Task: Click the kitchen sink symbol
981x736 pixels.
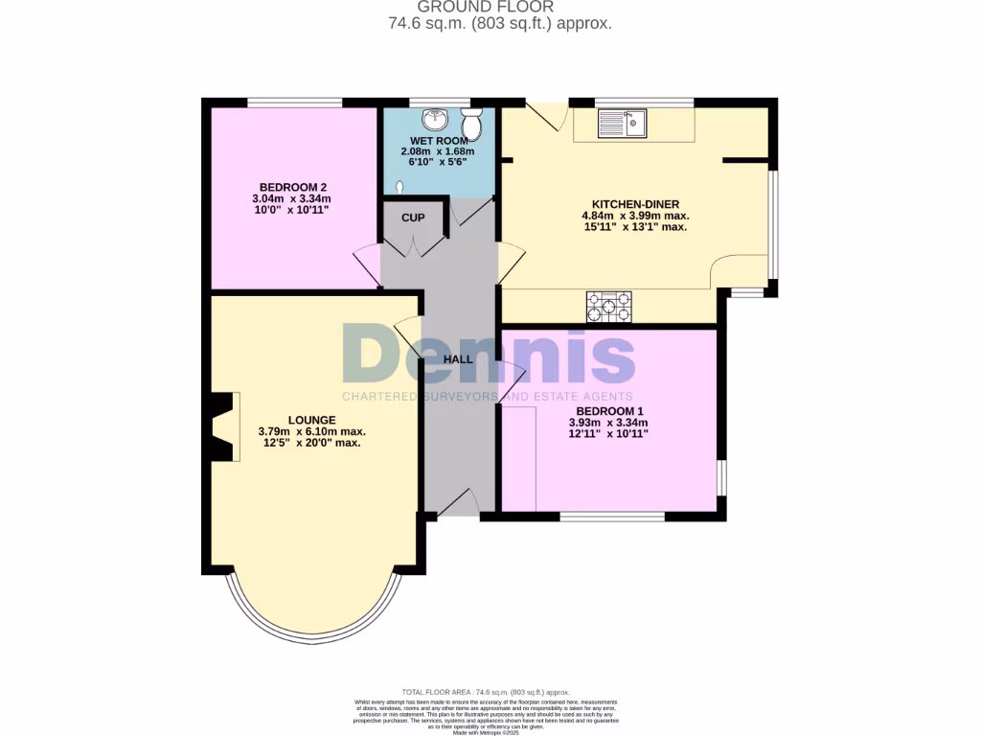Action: click(x=623, y=123)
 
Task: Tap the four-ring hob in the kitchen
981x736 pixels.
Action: click(x=610, y=307)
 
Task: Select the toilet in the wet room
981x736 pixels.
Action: click(x=471, y=123)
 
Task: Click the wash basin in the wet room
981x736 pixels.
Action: click(x=437, y=120)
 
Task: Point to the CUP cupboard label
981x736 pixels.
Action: click(x=413, y=218)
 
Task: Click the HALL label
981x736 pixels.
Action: click(x=458, y=359)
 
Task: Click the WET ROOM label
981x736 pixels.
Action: click(x=439, y=141)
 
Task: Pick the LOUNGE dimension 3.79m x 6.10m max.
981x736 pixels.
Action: click(x=312, y=431)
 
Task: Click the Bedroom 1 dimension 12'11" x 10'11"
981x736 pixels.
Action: click(x=608, y=433)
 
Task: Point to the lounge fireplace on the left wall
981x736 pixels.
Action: click(x=220, y=427)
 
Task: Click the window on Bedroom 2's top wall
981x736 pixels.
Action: click(x=294, y=103)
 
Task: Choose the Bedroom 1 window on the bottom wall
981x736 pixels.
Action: click(x=612, y=517)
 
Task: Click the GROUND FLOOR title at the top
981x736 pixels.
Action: click(x=499, y=7)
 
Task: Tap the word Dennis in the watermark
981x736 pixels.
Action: click(x=489, y=356)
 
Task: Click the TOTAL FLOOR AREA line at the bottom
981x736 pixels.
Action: click(x=486, y=692)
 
